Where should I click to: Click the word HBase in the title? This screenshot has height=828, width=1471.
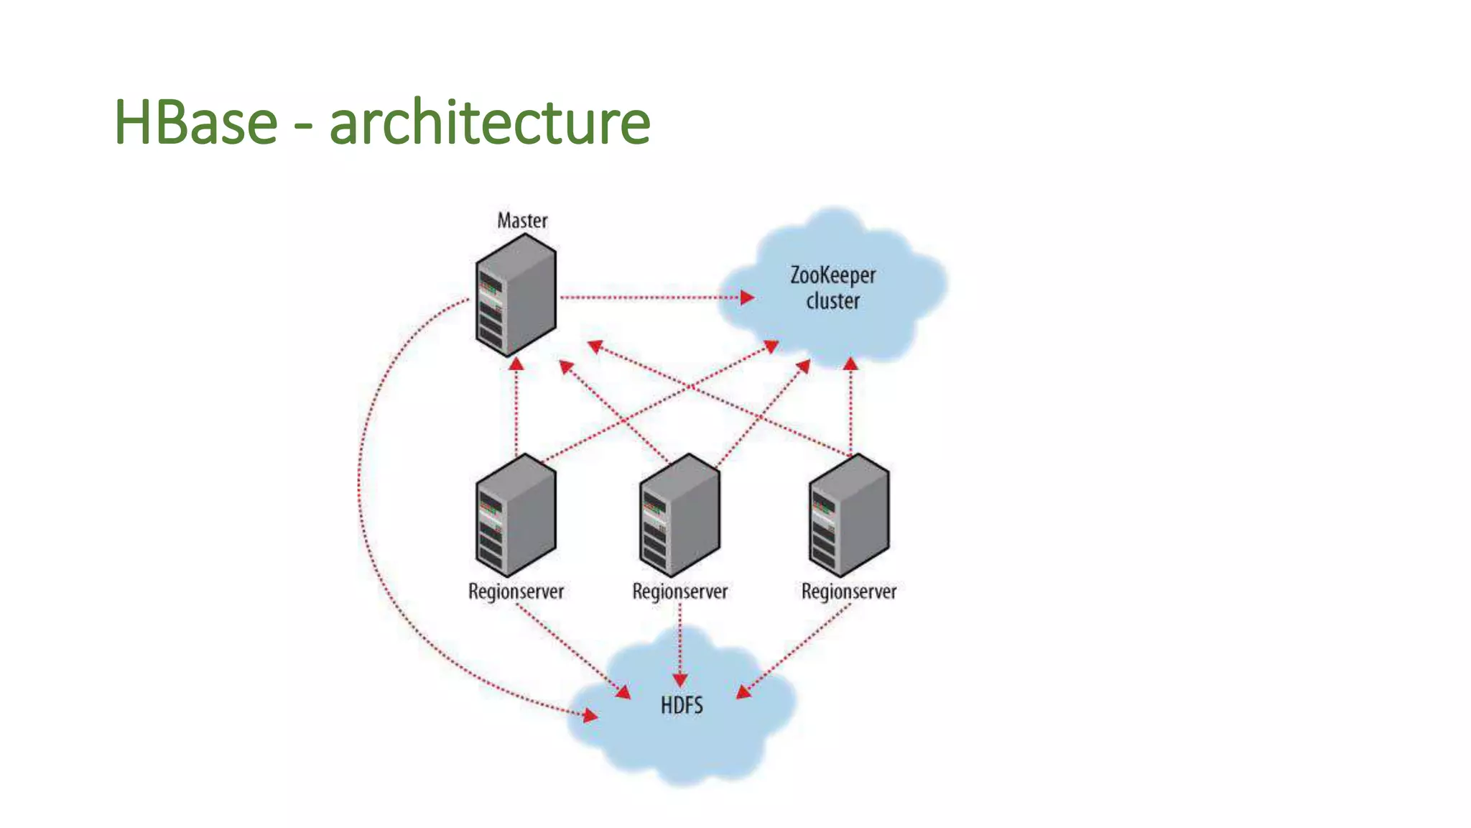pyautogui.click(x=195, y=122)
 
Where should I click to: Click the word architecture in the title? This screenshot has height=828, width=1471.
pyautogui.click(x=489, y=122)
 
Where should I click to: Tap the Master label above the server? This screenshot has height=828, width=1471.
pyautogui.click(x=522, y=221)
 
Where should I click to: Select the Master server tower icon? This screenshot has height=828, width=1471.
pyautogui.click(x=516, y=296)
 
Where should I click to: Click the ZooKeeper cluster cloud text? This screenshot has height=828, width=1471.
pyautogui.click(x=832, y=287)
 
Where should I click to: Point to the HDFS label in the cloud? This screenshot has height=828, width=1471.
pyautogui.click(x=682, y=705)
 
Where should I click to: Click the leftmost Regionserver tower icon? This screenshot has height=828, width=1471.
pyautogui.click(x=516, y=515)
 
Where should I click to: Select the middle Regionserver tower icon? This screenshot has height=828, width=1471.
pyautogui.click(x=679, y=515)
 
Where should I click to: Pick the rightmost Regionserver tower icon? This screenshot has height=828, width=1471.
pyautogui.click(x=849, y=515)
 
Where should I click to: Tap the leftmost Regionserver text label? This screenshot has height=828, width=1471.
pyautogui.click(x=516, y=592)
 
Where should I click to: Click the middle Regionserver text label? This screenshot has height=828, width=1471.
pyautogui.click(x=679, y=592)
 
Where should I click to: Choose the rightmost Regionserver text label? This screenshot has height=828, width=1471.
pyautogui.click(x=849, y=592)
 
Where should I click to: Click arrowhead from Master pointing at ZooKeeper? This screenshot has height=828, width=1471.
pyautogui.click(x=747, y=297)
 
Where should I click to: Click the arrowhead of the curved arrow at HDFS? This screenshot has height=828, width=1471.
pyautogui.click(x=590, y=715)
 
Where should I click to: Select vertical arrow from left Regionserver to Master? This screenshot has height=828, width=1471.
pyautogui.click(x=516, y=410)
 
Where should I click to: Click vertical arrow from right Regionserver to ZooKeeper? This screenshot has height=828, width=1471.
pyautogui.click(x=850, y=410)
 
